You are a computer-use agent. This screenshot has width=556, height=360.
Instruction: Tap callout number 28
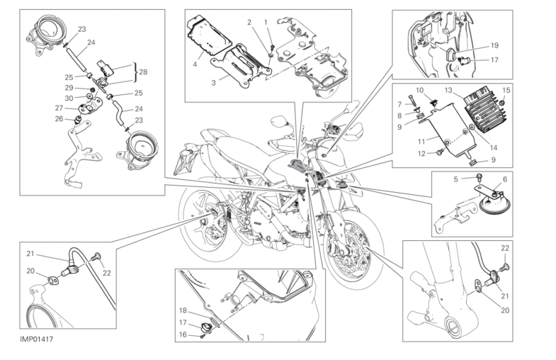[143, 72]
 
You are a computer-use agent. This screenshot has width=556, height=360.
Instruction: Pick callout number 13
[448, 90]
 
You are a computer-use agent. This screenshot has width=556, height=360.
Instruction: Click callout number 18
[183, 310]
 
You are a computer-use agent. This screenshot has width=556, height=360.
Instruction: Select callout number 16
[183, 334]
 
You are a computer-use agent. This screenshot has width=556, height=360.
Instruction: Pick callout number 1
[266, 21]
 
